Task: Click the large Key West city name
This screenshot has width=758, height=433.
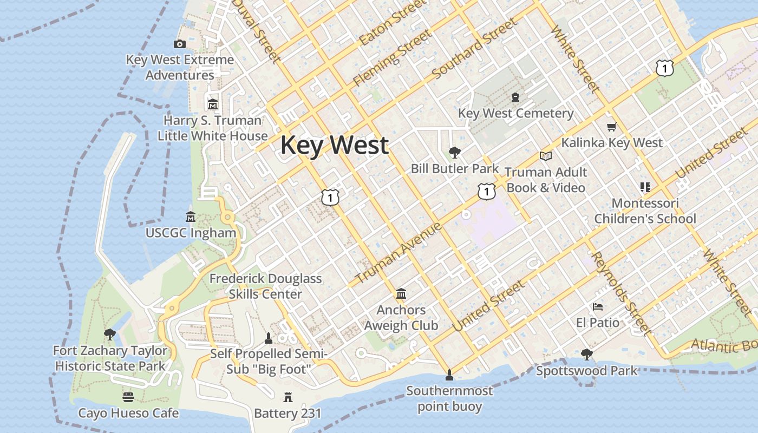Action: pos(334,145)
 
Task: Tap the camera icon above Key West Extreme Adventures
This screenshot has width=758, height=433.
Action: pos(180,44)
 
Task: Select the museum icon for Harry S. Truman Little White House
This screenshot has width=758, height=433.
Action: pos(212,104)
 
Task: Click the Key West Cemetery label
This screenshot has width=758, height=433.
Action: pos(515,113)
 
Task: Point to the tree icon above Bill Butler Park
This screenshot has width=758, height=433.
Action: pos(454,153)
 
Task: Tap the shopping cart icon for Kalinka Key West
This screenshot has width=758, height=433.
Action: pos(612,127)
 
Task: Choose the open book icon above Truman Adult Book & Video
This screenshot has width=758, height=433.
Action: pos(546,156)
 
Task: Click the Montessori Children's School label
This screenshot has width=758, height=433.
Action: pos(645,211)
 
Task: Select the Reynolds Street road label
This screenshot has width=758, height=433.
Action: pos(620,293)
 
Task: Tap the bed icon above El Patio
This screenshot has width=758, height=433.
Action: pos(598,307)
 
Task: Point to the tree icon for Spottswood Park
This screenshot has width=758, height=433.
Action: pos(586,355)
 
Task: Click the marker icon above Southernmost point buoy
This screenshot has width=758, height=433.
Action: pos(449,375)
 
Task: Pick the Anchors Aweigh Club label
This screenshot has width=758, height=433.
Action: pos(401,318)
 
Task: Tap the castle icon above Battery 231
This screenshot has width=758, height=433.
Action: pos(288,397)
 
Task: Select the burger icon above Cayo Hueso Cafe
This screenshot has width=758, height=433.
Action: pos(128,397)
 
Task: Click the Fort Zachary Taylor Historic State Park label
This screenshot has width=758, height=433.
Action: pos(110,358)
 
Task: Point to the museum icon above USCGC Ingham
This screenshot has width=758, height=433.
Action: pos(191,216)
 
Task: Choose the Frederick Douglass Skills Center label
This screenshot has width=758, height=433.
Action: pos(265,286)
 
